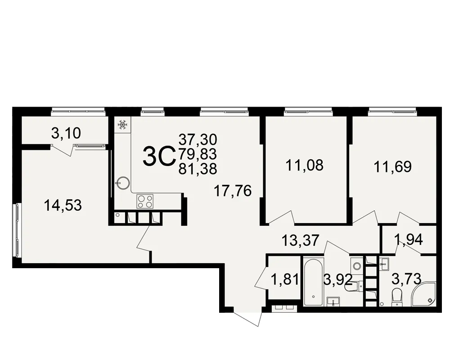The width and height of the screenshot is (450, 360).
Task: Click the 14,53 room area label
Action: (x=63, y=206)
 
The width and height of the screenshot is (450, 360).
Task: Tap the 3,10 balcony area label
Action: (x=66, y=133)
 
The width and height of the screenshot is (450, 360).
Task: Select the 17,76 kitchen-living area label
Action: (x=233, y=191)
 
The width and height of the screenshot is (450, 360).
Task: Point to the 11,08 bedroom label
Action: (x=305, y=165)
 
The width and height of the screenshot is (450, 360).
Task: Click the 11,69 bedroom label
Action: (x=392, y=167)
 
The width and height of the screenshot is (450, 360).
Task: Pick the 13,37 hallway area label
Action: (x=300, y=240)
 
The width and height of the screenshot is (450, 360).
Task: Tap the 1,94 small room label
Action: (x=409, y=240)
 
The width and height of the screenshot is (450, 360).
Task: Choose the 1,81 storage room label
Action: (x=285, y=279)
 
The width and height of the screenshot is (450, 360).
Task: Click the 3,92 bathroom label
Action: (x=338, y=279)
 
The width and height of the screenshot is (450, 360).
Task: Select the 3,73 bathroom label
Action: (x=406, y=279)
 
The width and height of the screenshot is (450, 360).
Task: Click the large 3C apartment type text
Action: (x=159, y=156)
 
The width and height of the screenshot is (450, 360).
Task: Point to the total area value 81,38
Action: (x=198, y=169)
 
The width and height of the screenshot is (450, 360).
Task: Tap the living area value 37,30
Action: (x=198, y=140)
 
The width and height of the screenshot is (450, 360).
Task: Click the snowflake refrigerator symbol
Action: (x=122, y=125)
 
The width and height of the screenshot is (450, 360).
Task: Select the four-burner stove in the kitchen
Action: (x=145, y=201)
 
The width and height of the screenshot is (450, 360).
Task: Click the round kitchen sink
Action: (x=123, y=182)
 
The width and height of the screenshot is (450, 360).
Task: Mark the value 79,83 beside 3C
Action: (x=198, y=154)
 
